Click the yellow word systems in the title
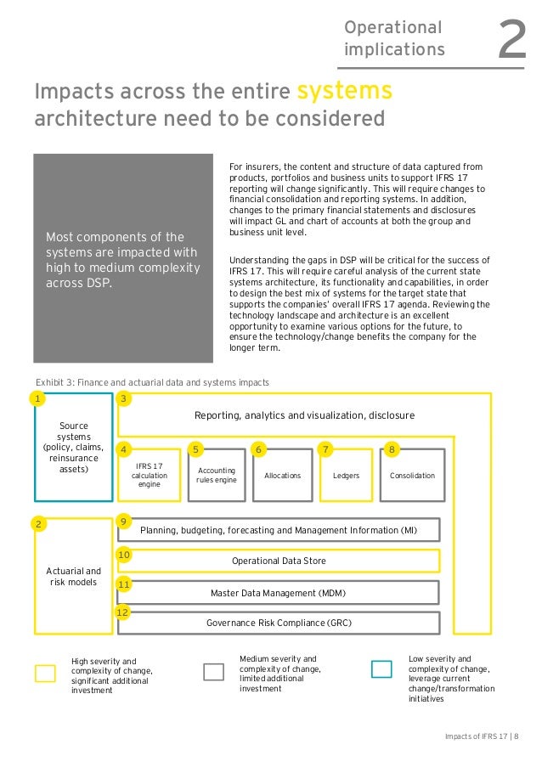343,90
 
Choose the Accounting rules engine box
216,476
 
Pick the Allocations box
282,476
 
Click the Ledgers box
346,476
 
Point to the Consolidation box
411,476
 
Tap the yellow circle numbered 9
124,521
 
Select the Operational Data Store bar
279,561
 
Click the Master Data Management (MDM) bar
279,592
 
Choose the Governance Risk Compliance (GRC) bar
279,623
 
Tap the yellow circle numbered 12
122,612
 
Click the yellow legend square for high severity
45,673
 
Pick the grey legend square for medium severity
213,671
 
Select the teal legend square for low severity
381,669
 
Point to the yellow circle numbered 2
37,524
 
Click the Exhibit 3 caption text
152,382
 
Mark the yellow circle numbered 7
325,448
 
